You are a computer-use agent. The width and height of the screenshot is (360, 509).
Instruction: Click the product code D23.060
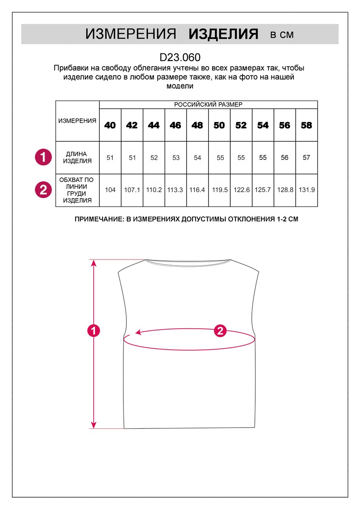pyautogui.click(x=180, y=57)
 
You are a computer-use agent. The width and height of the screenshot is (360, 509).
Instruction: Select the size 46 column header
pyautogui.click(x=176, y=125)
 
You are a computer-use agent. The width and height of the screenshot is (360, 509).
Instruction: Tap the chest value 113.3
pyautogui.click(x=176, y=190)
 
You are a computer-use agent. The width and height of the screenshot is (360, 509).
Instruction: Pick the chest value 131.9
pyautogui.click(x=307, y=190)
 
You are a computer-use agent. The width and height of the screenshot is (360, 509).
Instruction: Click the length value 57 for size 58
pyautogui.click(x=307, y=158)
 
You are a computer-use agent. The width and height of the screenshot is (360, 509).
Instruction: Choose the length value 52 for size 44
pyautogui.click(x=154, y=158)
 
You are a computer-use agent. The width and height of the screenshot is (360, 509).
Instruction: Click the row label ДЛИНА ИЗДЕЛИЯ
pyautogui.click(x=77, y=157)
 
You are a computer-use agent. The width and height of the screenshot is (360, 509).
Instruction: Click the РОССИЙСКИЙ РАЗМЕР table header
pyautogui.click(x=208, y=104)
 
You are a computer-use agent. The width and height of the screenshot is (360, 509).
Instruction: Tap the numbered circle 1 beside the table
pyautogui.click(x=43, y=157)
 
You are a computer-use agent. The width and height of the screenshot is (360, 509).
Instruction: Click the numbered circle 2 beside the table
pyautogui.click(x=43, y=190)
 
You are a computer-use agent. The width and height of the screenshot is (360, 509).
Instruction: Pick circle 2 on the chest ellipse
pyautogui.click(x=220, y=331)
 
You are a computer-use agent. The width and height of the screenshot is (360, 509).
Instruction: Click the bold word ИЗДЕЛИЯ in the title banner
pyautogui.click(x=223, y=34)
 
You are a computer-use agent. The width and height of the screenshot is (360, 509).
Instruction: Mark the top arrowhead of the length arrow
pyautogui.click(x=94, y=263)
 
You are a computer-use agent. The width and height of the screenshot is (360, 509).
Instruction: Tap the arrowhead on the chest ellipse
pyautogui.click(x=137, y=333)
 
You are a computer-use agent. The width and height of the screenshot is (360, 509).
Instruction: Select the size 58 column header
pyautogui.click(x=306, y=125)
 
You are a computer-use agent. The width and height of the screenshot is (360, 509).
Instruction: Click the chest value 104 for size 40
pyautogui.click(x=110, y=190)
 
